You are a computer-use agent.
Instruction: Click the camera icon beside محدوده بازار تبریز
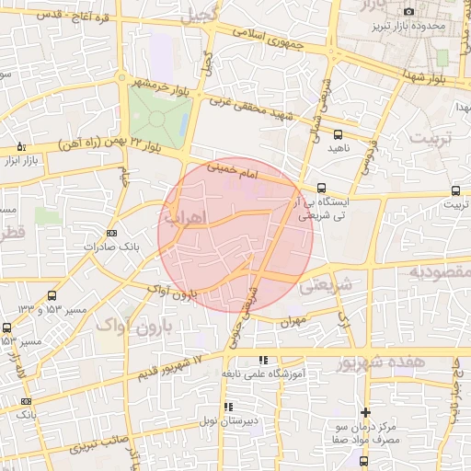click(x=408, y=11)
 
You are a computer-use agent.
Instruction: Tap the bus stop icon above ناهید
click(x=338, y=133)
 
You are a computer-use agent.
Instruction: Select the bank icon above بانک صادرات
click(x=112, y=233)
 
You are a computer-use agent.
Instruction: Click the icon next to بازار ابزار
click(x=21, y=147)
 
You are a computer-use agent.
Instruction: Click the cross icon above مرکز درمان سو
click(x=366, y=412)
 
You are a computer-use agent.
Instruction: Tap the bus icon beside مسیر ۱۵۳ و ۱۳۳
click(x=52, y=296)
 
